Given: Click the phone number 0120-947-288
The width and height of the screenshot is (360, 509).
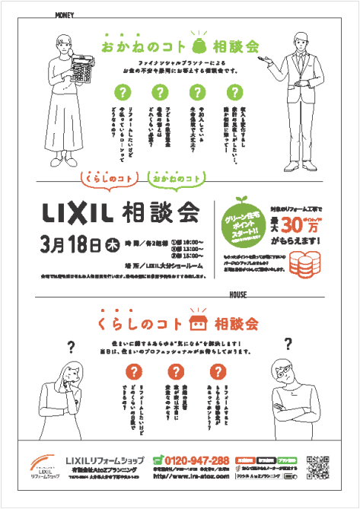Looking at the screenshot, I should (191, 460).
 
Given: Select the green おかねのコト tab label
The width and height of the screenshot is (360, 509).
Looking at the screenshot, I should (176, 177).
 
